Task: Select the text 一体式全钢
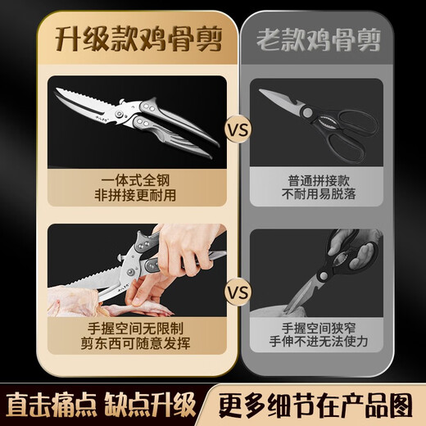pos(129,179)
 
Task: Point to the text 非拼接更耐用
pos(129,195)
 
